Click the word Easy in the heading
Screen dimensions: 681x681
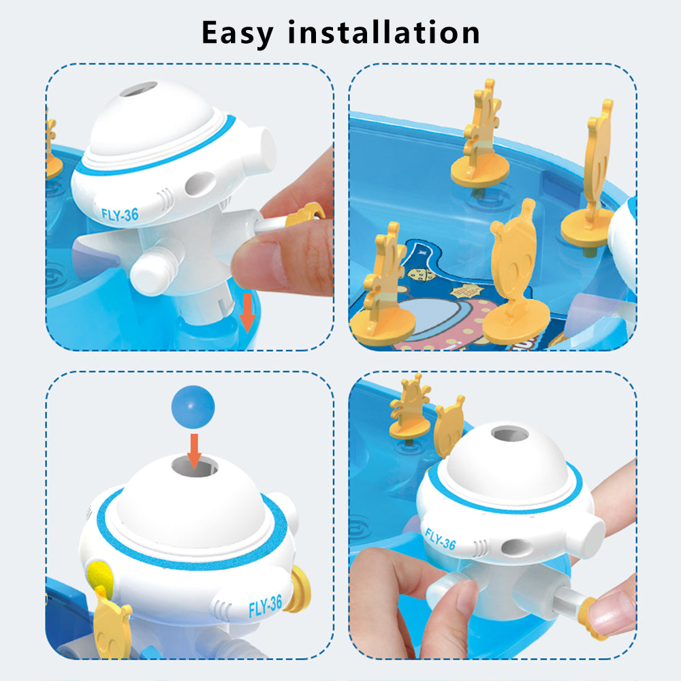point(238,33)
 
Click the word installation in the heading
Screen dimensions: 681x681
point(384,32)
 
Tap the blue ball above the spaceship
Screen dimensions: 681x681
point(193,407)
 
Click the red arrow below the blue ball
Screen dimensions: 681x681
point(194,452)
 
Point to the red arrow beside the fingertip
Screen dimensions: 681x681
point(247,313)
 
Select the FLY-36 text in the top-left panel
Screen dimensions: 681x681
point(120,215)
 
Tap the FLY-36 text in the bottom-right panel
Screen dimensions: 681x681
point(441,539)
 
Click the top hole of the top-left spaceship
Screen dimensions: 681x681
point(138,89)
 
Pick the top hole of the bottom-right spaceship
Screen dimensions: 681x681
point(510,433)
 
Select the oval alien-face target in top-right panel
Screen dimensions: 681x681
point(516,272)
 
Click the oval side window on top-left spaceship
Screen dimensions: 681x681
point(200,184)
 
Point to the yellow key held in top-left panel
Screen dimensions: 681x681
point(304,214)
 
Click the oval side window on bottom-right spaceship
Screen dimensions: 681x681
point(516,548)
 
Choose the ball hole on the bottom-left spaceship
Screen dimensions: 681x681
point(195,466)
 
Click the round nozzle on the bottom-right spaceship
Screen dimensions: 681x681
point(585,538)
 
